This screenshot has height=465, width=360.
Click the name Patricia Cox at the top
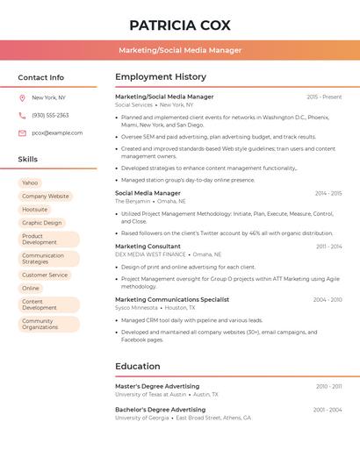click(x=180, y=25)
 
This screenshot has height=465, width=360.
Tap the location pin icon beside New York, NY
click(x=22, y=97)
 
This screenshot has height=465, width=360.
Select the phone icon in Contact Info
click(x=22, y=115)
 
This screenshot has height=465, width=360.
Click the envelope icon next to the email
click(x=22, y=133)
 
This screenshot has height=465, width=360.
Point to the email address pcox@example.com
click(x=57, y=133)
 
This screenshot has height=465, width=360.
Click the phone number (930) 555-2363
click(x=50, y=115)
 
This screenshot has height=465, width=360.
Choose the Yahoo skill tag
click(x=30, y=182)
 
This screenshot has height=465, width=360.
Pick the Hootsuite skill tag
click(x=35, y=210)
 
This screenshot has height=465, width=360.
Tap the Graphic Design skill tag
click(x=42, y=223)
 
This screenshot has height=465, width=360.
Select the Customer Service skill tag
click(x=45, y=275)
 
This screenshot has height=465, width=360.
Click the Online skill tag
click(x=31, y=288)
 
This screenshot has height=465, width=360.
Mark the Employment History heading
click(x=161, y=77)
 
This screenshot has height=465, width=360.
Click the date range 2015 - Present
click(x=324, y=97)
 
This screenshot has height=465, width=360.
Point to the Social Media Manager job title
click(x=148, y=193)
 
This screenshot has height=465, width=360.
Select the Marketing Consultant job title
click(x=148, y=247)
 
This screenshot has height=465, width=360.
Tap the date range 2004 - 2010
click(x=328, y=300)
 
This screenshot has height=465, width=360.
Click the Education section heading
click(x=137, y=366)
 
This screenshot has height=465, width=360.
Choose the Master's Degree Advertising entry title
click(x=157, y=386)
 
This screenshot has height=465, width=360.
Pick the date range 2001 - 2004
click(x=328, y=410)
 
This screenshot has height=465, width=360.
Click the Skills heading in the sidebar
click(x=28, y=160)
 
